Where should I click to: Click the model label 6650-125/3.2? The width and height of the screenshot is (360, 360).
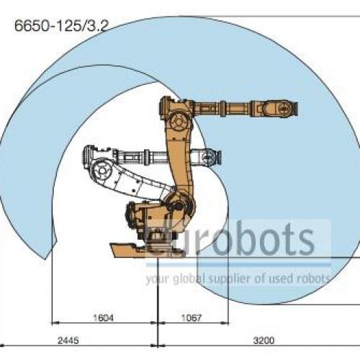[x=61, y=26]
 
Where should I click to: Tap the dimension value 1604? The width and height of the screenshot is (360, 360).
[x=103, y=318]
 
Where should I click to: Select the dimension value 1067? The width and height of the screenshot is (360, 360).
[x=192, y=318]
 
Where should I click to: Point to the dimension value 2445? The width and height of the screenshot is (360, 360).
[x=68, y=341]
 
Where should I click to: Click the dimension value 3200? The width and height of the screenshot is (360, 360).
[x=264, y=341]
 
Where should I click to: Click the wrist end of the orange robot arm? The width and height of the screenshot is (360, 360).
[x=283, y=109]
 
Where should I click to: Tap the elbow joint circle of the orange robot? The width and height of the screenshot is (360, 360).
[x=179, y=122]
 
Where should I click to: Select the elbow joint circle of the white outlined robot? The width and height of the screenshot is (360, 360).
[x=102, y=171]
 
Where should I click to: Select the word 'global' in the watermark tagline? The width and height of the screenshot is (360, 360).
[x=189, y=279]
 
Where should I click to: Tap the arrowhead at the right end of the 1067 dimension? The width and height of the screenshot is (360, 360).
[x=225, y=323]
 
